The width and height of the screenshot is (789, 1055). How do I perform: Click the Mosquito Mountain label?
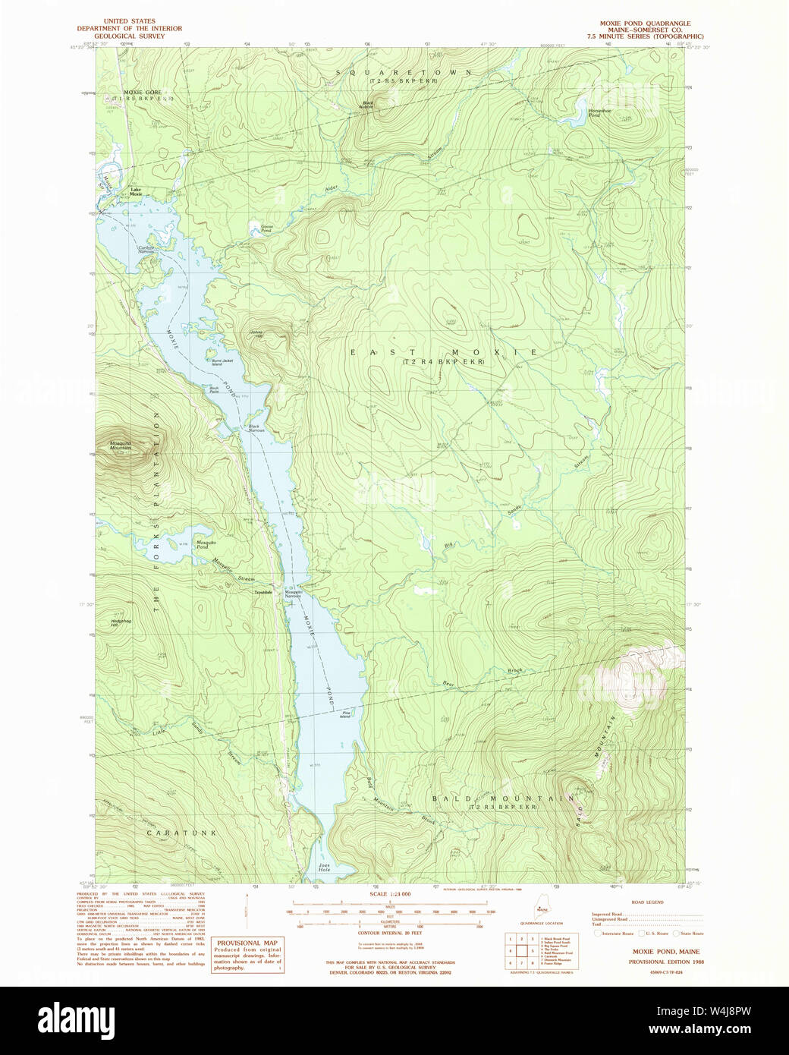120,446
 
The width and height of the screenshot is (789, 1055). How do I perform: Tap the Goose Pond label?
266,228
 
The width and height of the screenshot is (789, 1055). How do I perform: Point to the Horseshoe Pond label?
594,112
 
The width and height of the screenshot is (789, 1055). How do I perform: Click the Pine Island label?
346,714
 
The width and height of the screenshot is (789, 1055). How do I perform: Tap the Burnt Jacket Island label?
225,362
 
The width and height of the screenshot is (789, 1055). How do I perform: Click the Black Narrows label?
254,428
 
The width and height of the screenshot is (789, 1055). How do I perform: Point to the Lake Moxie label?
136,192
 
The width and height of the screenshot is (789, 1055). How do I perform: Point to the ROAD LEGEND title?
647,902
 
